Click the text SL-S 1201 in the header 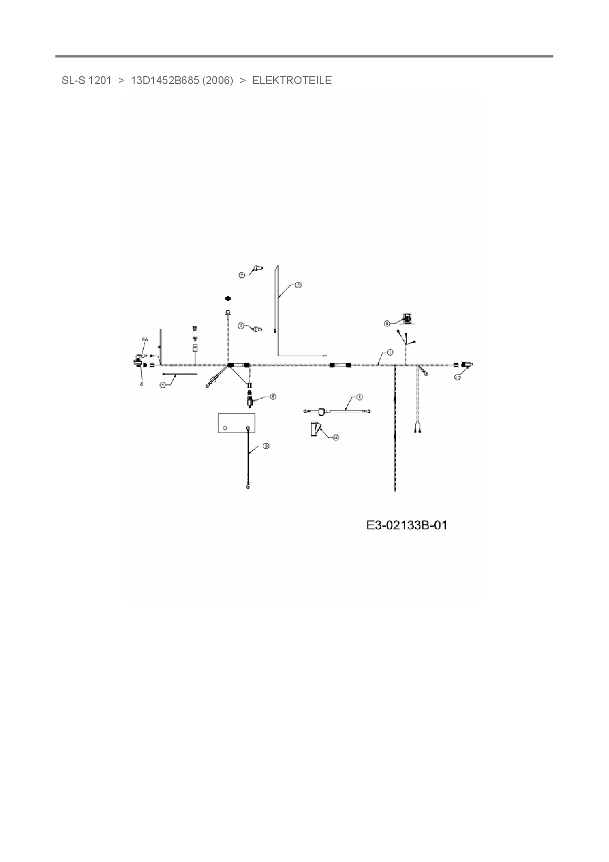(86, 81)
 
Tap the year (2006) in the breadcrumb (218, 81)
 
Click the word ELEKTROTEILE (292, 81)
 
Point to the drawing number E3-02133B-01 (407, 525)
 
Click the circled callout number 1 (390, 352)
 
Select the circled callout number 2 (298, 285)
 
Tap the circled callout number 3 (266, 446)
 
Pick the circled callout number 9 (387, 323)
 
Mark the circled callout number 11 (336, 437)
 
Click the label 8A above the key (144, 340)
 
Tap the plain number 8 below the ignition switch (141, 384)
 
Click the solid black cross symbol (228, 298)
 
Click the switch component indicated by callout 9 (407, 318)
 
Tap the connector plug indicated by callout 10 (465, 365)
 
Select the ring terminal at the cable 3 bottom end (248, 487)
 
